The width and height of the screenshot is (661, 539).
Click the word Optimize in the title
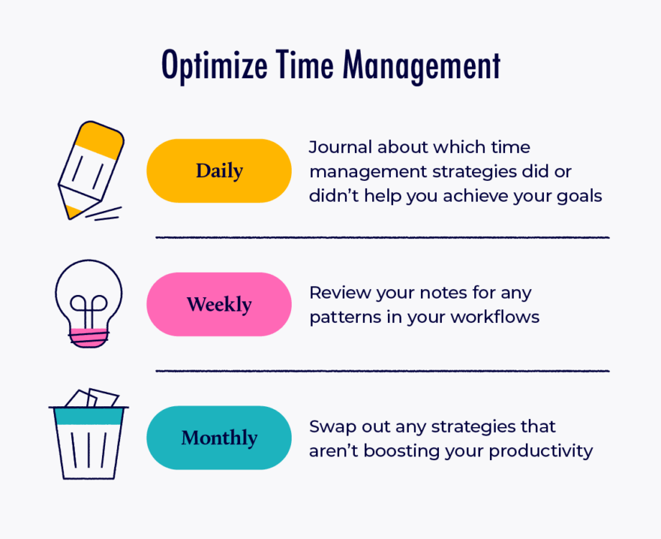click(x=215, y=66)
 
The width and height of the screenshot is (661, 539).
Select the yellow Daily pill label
click(x=219, y=171)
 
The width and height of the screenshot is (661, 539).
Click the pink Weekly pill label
click(x=219, y=304)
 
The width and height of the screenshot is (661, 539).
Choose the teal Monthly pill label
click(x=219, y=438)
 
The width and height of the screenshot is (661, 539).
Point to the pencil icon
click(x=91, y=170)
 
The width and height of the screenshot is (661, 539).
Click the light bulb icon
click(x=88, y=303)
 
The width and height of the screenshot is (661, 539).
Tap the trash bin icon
click(x=88, y=433)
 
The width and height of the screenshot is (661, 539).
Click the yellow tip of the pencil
click(x=73, y=212)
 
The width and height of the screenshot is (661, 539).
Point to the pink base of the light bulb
click(x=88, y=337)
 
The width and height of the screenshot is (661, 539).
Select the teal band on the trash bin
click(x=88, y=416)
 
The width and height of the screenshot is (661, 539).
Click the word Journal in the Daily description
click(x=341, y=148)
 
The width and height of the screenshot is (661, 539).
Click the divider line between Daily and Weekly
click(x=382, y=238)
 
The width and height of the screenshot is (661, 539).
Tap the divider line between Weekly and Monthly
click(x=382, y=371)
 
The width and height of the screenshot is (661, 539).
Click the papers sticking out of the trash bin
click(x=93, y=398)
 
